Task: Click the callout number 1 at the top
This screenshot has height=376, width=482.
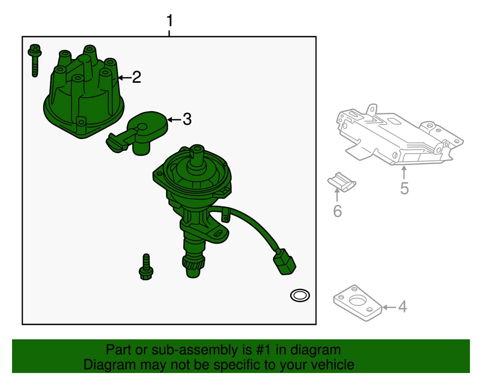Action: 169,21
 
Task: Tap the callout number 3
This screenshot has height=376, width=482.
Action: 186,119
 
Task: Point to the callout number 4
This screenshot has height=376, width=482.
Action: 402,306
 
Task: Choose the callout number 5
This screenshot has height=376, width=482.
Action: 404,188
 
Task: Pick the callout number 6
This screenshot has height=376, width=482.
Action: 337,211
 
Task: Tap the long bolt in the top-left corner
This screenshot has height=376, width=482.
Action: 35,59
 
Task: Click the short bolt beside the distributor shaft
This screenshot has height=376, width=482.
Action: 146,267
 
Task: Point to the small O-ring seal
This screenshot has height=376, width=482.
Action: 300,296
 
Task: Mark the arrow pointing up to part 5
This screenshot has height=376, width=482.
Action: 404,173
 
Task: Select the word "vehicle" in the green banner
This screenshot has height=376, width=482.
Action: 330,364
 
